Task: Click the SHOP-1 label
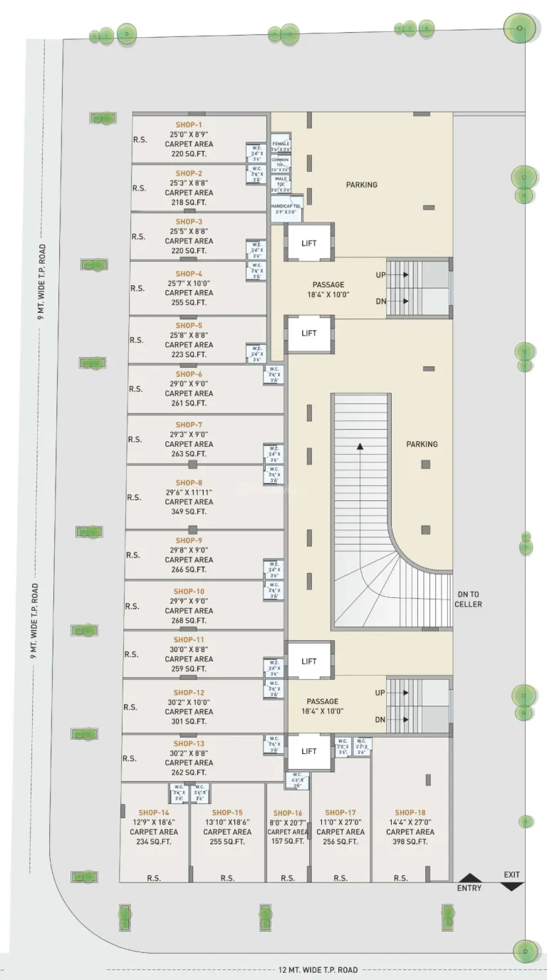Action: click(x=189, y=124)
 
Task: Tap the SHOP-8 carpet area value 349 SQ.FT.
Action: click(x=189, y=512)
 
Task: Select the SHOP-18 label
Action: click(x=410, y=813)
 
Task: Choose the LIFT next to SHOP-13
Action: click(x=308, y=751)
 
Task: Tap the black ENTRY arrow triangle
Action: click(x=469, y=877)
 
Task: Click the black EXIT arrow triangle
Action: click(x=511, y=885)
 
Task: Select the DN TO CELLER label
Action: click(x=469, y=599)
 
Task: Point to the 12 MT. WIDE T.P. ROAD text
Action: click(x=318, y=970)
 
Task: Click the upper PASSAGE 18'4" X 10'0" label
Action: click(x=328, y=289)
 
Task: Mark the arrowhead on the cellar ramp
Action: click(x=360, y=446)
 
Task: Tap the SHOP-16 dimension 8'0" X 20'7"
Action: click(x=287, y=822)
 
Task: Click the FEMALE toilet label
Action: click(x=281, y=143)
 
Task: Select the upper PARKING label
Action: click(x=362, y=185)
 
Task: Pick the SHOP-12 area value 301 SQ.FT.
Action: click(x=189, y=721)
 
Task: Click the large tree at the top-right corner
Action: click(x=519, y=29)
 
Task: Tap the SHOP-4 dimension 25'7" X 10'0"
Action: click(x=189, y=283)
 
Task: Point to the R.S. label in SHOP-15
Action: click(x=227, y=878)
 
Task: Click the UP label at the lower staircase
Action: click(x=380, y=693)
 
